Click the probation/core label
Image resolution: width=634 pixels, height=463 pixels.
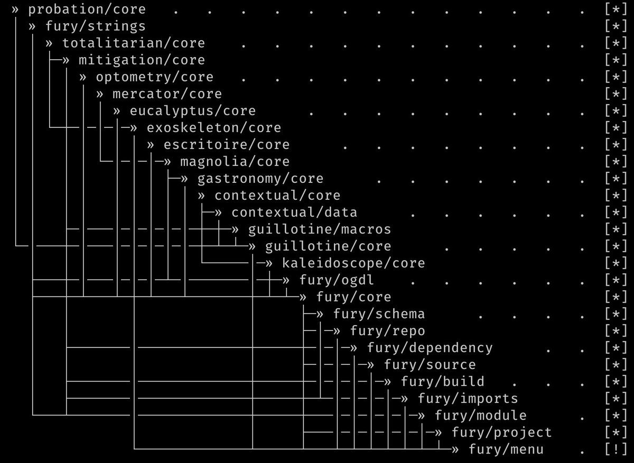pos(87,9)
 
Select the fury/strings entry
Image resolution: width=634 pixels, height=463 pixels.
pos(95,26)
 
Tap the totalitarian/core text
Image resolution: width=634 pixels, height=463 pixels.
pos(133,43)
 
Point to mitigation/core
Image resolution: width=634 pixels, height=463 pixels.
pos(142,60)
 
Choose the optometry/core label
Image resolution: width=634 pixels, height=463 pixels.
pos(154,77)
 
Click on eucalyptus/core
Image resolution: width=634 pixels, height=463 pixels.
pos(192,110)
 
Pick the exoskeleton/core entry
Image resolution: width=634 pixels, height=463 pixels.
pos(213,127)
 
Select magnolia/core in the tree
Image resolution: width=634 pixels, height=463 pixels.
pos(235,161)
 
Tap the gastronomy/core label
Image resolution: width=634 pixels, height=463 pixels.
pos(260,178)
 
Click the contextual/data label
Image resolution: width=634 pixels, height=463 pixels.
pos(294,212)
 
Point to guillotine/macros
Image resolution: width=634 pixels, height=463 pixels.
pos(319,229)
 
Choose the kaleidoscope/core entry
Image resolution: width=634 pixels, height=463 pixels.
pos(353,263)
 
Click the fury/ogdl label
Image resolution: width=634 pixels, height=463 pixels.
pos(336,280)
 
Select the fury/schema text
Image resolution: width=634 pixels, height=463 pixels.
pos(378,313)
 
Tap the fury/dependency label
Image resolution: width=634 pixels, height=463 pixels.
pos(429,347)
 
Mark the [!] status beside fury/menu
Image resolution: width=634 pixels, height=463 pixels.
pos(616,449)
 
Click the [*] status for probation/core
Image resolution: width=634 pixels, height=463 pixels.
pos(616,9)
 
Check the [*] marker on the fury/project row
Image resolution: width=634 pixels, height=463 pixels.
pos(616,432)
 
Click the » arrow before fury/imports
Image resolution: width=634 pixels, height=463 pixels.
pos(404,398)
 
